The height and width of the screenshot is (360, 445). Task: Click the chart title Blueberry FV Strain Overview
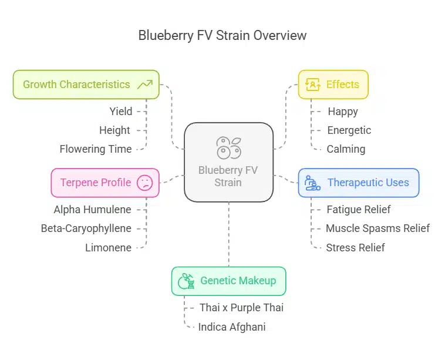coord(222,35)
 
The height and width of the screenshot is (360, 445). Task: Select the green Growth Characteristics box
coord(86,85)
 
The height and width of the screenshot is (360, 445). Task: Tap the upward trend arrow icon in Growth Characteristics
coord(144,85)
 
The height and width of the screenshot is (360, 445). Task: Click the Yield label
coord(121,111)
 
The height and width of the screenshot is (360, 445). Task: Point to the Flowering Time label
coord(96,149)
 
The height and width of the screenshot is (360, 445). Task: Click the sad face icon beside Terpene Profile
coord(144,183)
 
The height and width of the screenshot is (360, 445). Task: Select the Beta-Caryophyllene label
coord(86,228)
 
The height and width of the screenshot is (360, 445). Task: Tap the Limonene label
coord(109,248)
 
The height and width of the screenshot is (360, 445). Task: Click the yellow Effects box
coord(333,85)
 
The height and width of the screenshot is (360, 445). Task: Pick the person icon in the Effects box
coord(313,85)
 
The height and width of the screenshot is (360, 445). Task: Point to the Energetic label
coord(349,130)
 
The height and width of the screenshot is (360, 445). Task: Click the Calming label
coord(346,149)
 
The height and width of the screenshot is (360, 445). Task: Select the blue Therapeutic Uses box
coord(358,183)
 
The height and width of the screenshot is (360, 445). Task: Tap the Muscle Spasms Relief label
coord(377,228)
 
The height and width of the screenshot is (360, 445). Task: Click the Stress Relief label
coord(355,248)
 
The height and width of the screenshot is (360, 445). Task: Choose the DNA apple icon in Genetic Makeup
coord(187,281)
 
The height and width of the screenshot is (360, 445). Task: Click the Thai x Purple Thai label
coord(241,308)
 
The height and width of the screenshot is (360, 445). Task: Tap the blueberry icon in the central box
coord(228,147)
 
